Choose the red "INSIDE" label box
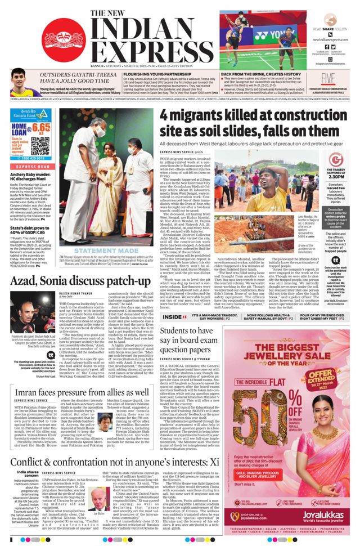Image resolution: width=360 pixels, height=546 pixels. [x=174, y=317]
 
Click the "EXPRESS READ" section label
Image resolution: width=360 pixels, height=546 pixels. [x=33, y=167]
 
